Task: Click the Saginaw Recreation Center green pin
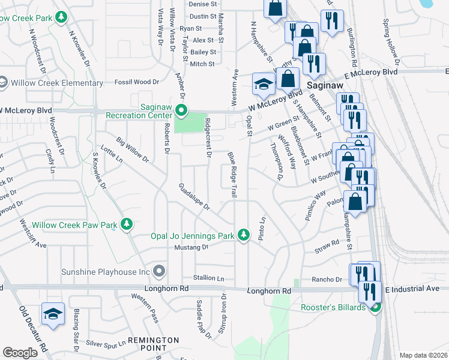pos(181,110)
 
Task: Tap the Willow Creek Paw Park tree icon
pos(126,224)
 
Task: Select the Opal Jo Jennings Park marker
pos(243,235)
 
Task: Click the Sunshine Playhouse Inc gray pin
pos(158,272)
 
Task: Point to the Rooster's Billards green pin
pos(376,308)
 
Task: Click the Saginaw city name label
pos(324,85)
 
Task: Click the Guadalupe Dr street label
pos(194,197)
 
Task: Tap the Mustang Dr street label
pos(191,247)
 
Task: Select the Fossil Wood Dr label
pos(137,82)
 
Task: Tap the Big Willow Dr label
pos(133,151)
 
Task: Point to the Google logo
pos(20,353)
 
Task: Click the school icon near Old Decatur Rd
pos(53,314)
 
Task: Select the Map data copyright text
pos(423,355)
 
